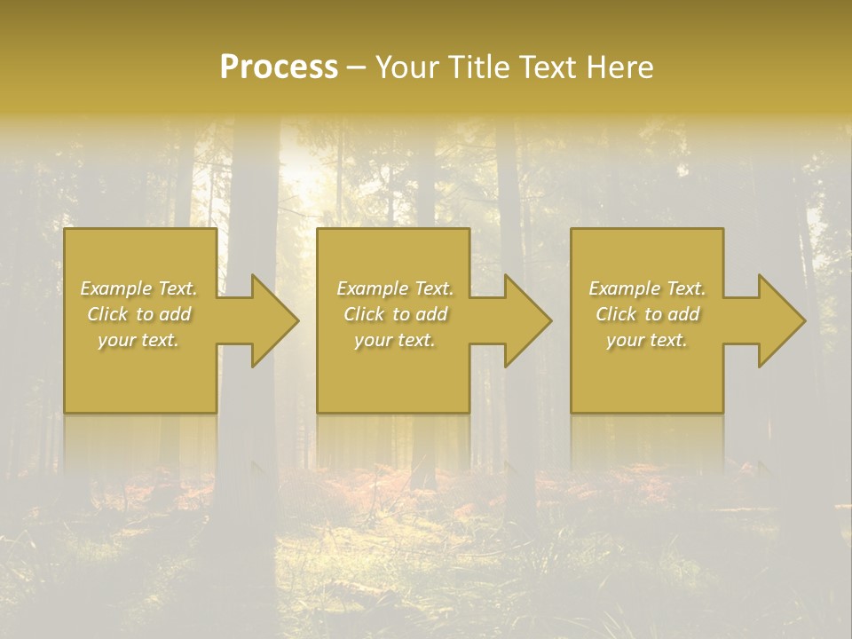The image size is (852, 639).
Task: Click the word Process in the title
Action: coord(279,67)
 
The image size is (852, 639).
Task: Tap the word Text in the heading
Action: coord(546,67)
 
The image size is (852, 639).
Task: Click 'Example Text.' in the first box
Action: coord(138,288)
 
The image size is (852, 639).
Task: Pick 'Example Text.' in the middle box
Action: coord(395,288)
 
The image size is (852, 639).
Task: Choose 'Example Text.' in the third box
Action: coord(647,288)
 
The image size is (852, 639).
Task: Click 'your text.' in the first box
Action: coord(138,340)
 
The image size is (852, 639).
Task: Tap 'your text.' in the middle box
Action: coord(395,340)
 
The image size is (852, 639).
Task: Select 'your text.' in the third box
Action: coord(647,340)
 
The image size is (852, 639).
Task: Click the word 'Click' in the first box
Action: coord(107,314)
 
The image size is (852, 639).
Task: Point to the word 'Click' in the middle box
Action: coord(364,314)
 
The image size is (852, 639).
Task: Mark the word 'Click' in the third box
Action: coord(616,314)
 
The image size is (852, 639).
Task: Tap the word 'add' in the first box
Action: coord(176,314)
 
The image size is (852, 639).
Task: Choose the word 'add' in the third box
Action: coord(684,314)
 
